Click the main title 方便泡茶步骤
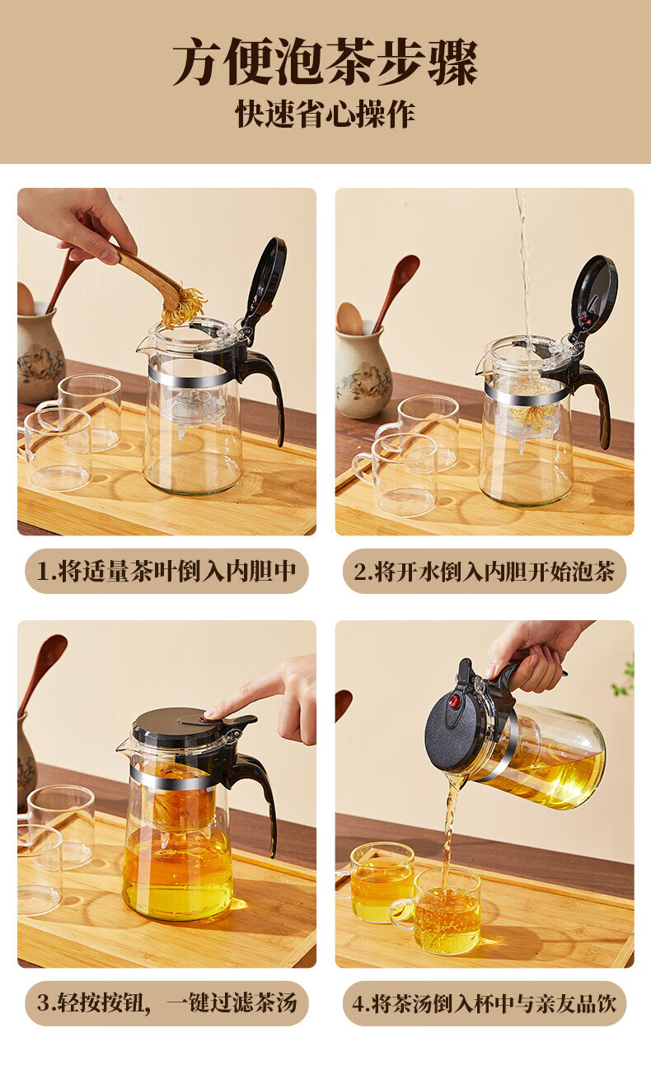pos(325,62)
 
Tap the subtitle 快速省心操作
pos(325,114)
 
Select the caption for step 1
pos(166,571)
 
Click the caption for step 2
pos(485,571)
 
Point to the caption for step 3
pos(166,1003)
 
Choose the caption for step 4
pos(485,1003)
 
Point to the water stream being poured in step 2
pos(523,261)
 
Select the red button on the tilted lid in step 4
pos(453,701)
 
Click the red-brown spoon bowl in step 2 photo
pos(406,267)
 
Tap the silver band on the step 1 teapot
pos(191,376)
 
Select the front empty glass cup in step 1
pos(56,449)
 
